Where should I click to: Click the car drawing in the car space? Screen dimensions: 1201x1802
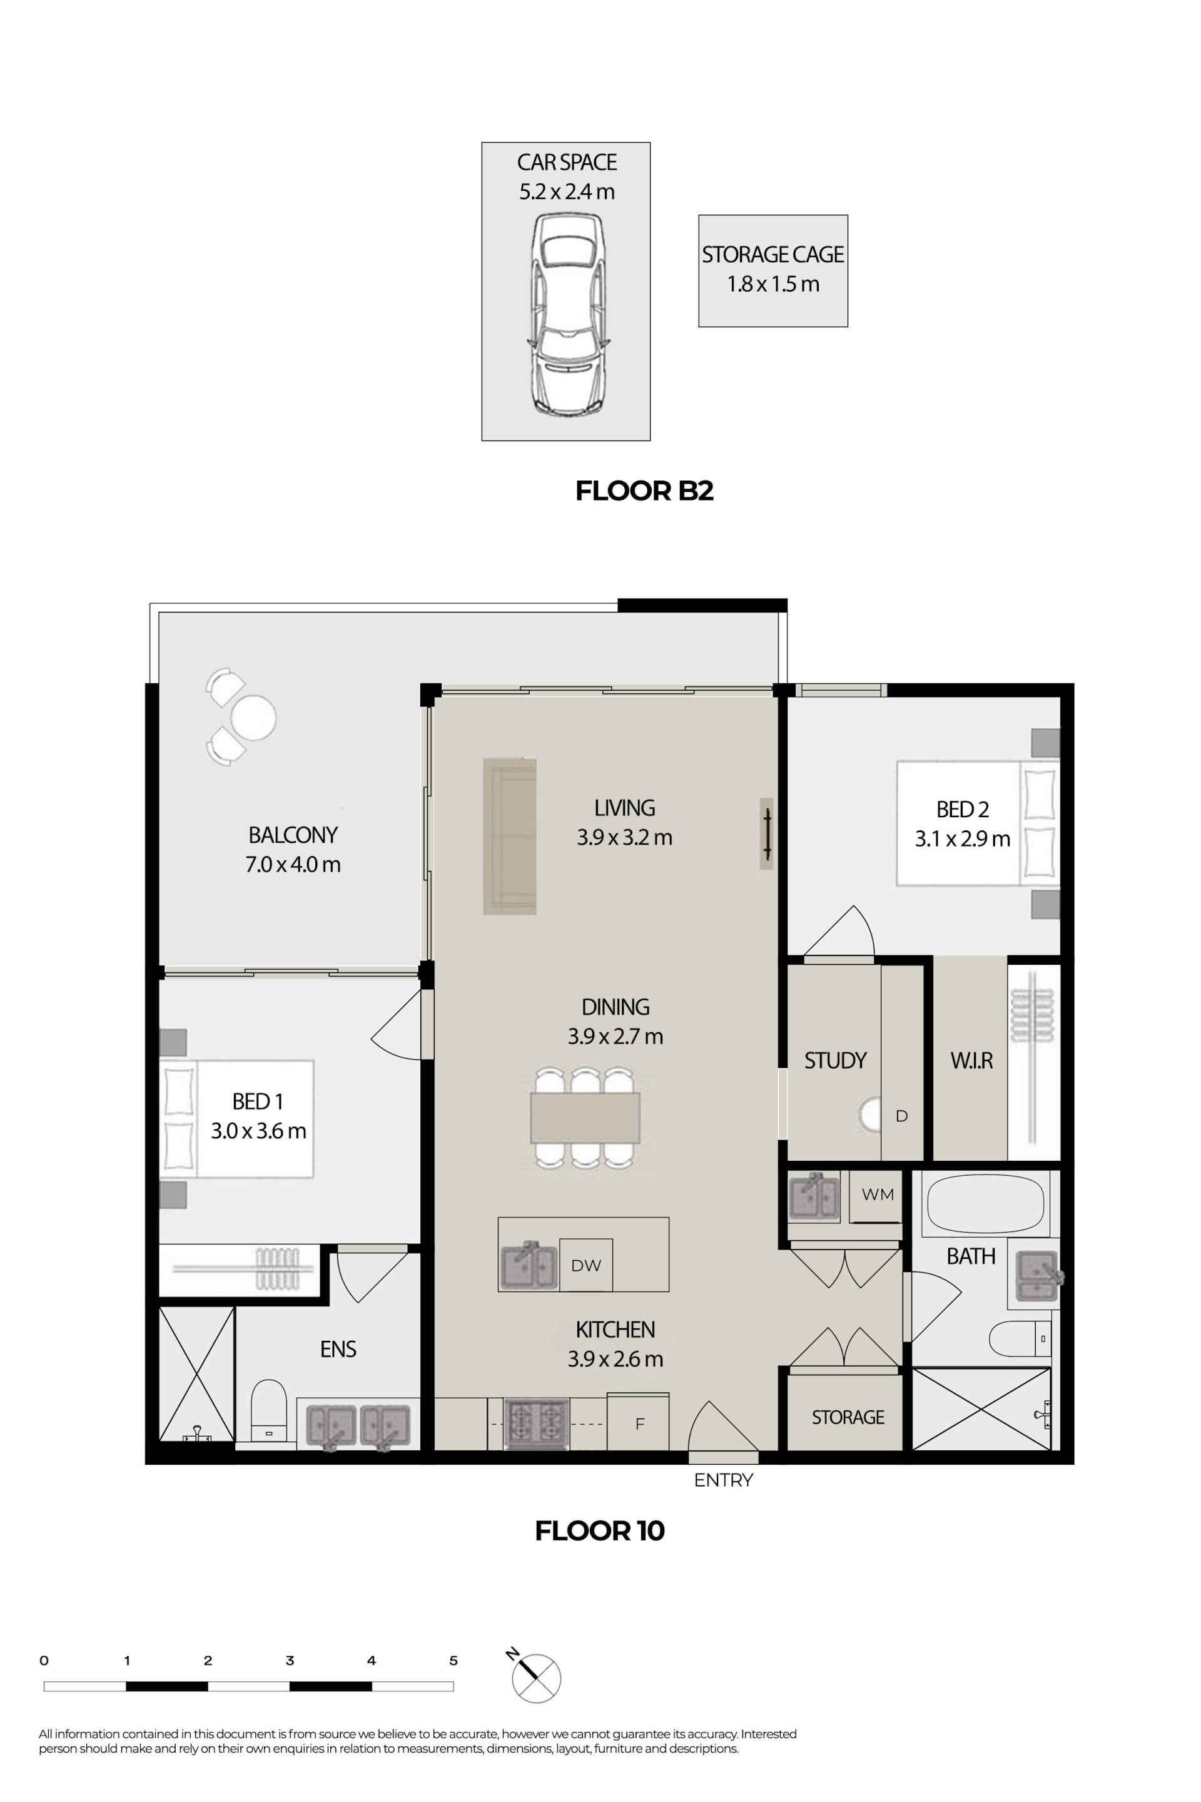coord(567,315)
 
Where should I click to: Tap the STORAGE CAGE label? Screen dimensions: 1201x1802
coord(773,255)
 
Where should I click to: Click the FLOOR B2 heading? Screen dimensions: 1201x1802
coord(644,491)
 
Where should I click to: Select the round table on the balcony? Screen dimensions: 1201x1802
coord(253,717)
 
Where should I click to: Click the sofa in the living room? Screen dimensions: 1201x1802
coord(509,836)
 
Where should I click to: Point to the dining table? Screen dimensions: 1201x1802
coord(585,1118)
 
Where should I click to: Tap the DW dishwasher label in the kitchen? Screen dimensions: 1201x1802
coord(586,1266)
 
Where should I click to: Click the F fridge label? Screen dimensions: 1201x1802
coord(639,1424)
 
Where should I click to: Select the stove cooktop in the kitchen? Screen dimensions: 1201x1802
coord(536,1423)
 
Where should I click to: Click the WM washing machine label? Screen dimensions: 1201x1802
coord(878,1194)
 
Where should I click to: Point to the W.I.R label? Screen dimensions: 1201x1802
coord(971,1061)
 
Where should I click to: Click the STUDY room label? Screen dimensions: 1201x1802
coord(835,1061)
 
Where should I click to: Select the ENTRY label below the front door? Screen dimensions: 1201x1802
coord(723,1480)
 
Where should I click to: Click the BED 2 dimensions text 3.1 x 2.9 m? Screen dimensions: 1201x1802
coord(962,839)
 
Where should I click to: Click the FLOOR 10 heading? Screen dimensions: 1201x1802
coord(600,1531)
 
